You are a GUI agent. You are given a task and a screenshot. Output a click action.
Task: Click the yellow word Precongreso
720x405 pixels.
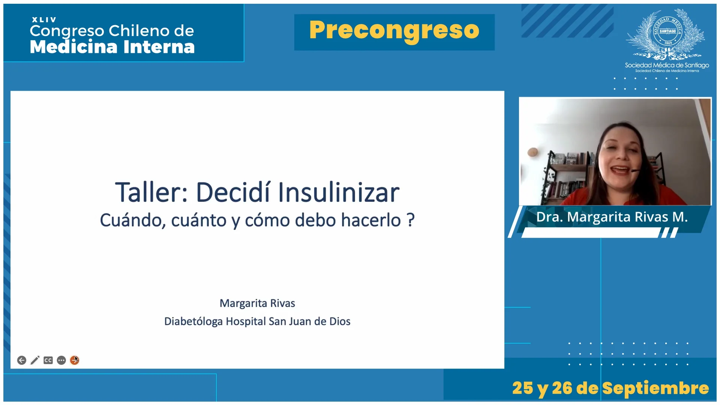[x=394, y=31]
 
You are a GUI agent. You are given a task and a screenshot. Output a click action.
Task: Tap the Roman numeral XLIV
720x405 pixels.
[x=44, y=20]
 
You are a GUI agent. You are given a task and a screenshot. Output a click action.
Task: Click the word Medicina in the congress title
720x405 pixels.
[x=73, y=47]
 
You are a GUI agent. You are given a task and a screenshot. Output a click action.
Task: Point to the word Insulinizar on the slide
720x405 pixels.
[x=339, y=193]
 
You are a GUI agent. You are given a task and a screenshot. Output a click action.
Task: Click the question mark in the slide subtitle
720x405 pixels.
[x=411, y=220]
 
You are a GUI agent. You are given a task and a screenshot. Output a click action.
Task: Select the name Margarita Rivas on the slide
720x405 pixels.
[x=257, y=303]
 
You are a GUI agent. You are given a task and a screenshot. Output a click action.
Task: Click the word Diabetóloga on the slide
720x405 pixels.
[x=193, y=321]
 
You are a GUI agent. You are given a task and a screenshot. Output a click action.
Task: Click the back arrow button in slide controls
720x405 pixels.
[x=22, y=360]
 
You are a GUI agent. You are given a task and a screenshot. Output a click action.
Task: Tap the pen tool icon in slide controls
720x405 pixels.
[x=35, y=360]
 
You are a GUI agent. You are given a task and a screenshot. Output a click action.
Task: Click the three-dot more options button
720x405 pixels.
[x=61, y=360]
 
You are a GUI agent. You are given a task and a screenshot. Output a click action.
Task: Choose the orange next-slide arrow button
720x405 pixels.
[x=75, y=360]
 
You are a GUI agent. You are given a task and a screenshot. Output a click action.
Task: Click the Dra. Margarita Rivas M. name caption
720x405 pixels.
[x=612, y=217]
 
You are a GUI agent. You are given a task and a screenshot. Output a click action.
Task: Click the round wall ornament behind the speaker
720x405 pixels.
[x=532, y=152]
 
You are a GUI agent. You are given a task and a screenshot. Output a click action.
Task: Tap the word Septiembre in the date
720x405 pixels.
[x=656, y=388]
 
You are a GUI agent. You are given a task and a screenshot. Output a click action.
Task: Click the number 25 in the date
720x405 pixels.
[x=523, y=388]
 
